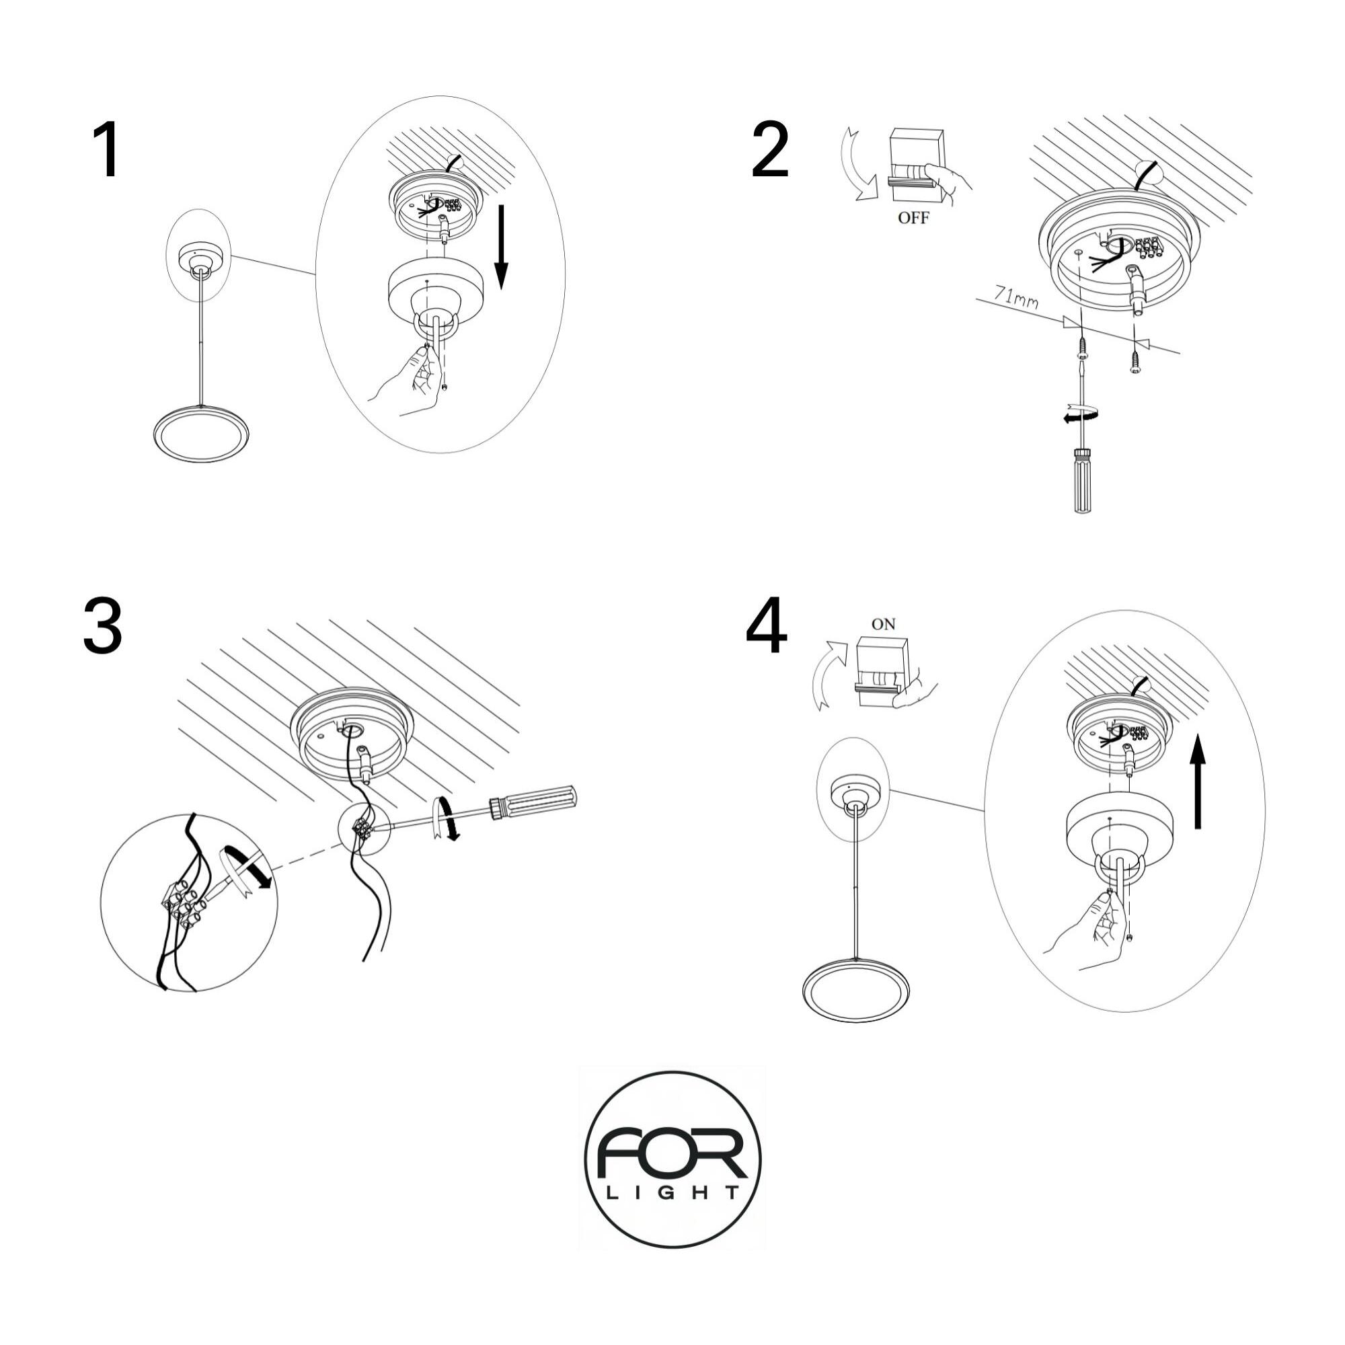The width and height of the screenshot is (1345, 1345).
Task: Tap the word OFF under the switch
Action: click(x=913, y=218)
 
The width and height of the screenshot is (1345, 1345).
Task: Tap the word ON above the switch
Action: click(x=884, y=625)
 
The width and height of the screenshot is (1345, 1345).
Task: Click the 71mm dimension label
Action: click(x=1015, y=297)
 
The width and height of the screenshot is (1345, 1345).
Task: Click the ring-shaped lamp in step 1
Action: click(x=200, y=434)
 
